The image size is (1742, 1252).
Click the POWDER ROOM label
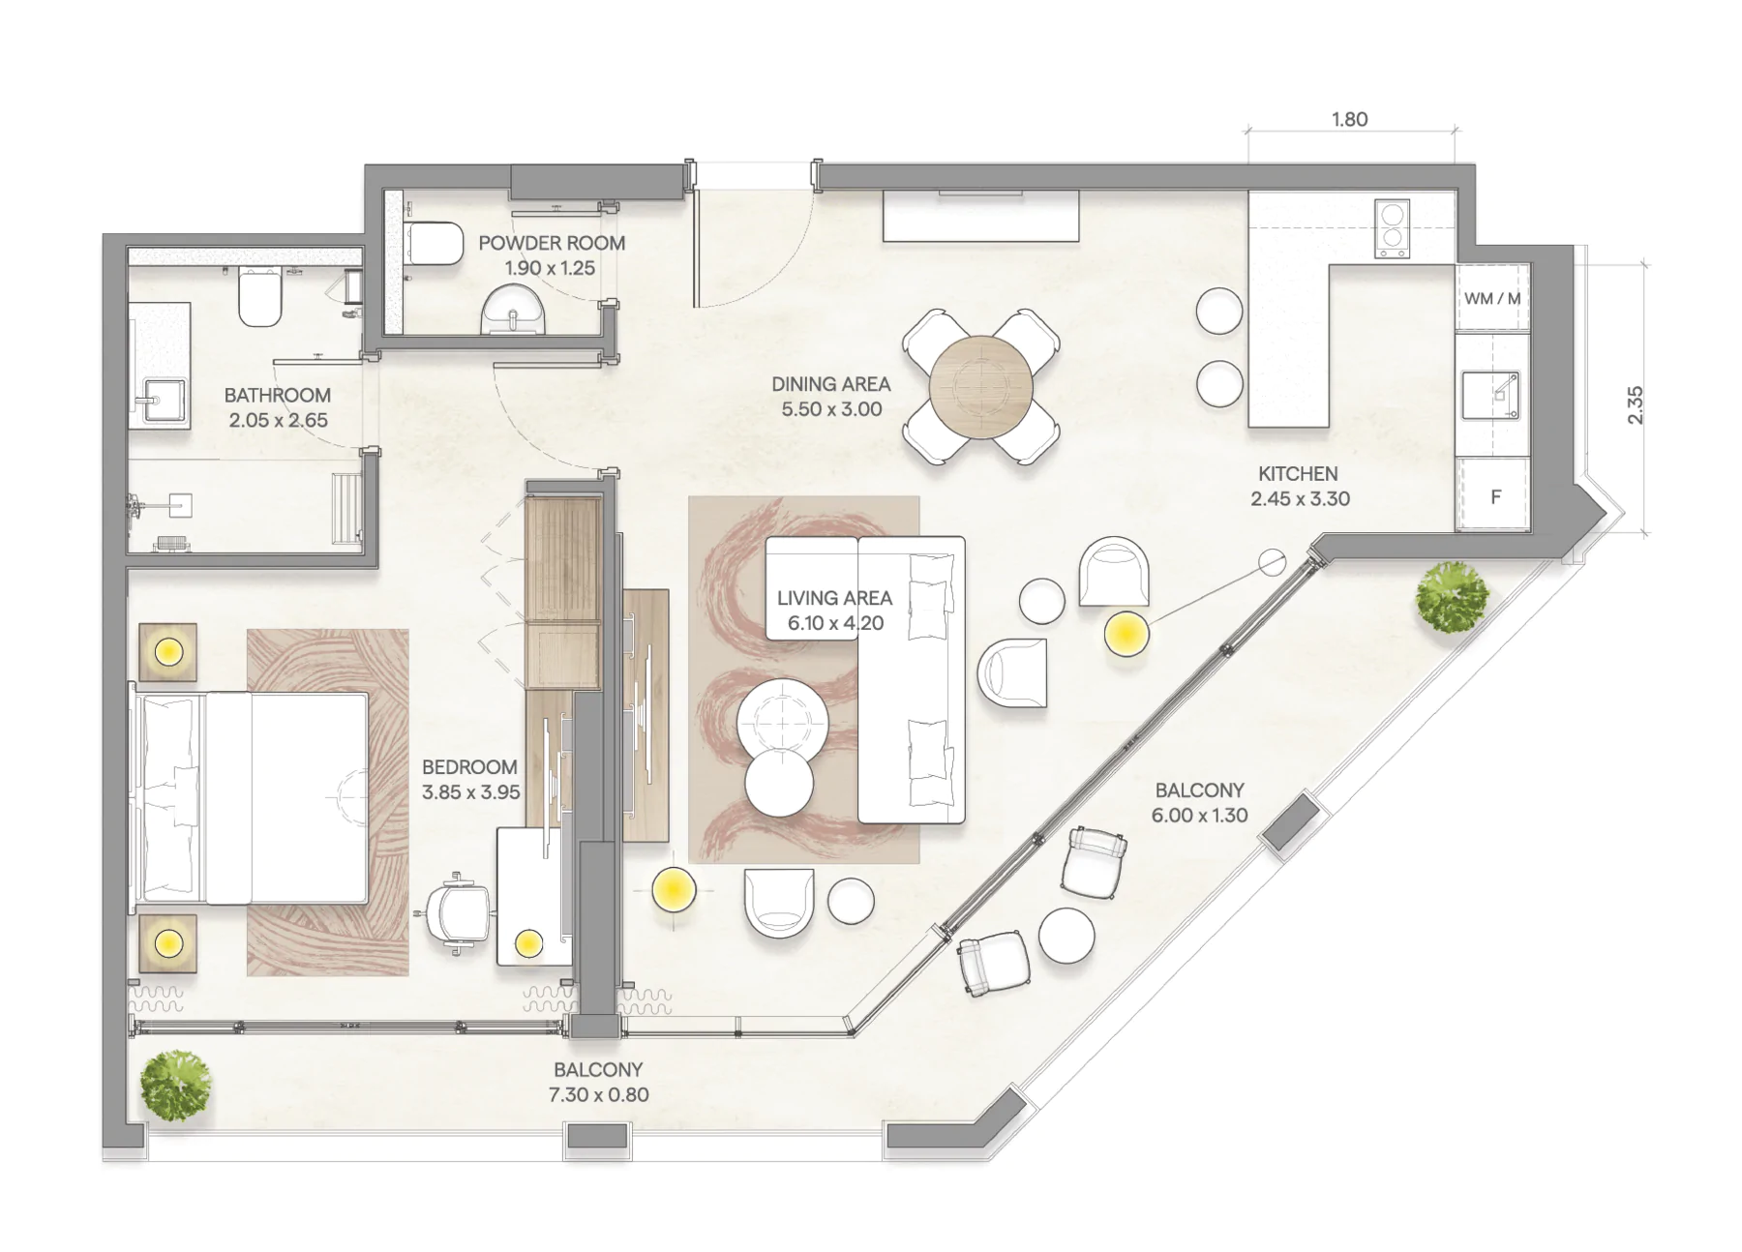pyautogui.click(x=552, y=243)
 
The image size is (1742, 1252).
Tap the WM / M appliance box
pyautogui.click(x=1492, y=298)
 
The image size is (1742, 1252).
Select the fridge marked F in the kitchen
pyautogui.click(x=1492, y=495)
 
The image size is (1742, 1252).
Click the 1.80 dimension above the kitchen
pyautogui.click(x=1349, y=119)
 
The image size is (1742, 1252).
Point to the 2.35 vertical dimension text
pyautogui.click(x=1635, y=404)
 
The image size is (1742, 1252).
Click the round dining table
pyautogui.click(x=981, y=387)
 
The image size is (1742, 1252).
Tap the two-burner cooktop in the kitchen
pyautogui.click(x=1392, y=228)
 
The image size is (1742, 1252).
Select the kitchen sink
pyautogui.click(x=1490, y=395)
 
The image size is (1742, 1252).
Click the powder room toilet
pyautogui.click(x=435, y=243)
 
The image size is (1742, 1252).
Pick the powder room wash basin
pyautogui.click(x=514, y=310)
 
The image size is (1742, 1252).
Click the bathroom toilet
pyautogui.click(x=259, y=297)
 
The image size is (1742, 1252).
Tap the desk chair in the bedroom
pyautogui.click(x=457, y=910)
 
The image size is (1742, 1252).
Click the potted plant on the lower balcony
pyautogui.click(x=176, y=1086)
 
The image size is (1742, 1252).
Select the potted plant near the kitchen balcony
pyautogui.click(x=1452, y=597)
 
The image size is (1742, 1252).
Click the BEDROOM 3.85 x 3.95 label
pyautogui.click(x=470, y=779)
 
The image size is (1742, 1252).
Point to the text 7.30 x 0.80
pyautogui.click(x=598, y=1094)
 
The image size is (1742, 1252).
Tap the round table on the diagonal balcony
pyautogui.click(x=1066, y=936)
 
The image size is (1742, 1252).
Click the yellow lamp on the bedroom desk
pyautogui.click(x=528, y=943)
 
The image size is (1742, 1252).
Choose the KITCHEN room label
pyautogui.click(x=1298, y=473)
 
